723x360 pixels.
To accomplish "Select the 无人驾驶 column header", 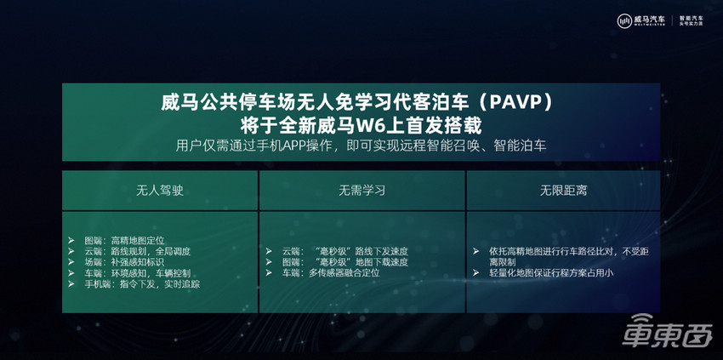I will (159, 190).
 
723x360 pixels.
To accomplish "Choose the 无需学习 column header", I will (361, 190).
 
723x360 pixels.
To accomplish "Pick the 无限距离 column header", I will (563, 190).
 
